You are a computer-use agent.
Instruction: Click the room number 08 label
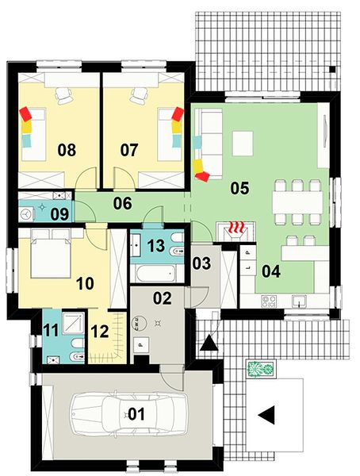(x=67, y=150)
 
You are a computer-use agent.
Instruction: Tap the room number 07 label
(x=129, y=150)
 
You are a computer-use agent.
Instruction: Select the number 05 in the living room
(x=239, y=188)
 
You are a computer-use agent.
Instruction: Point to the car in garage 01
(x=128, y=414)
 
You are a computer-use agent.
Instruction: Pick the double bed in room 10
(x=51, y=254)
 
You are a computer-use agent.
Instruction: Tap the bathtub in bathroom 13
(x=155, y=274)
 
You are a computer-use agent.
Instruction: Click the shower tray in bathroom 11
(x=73, y=324)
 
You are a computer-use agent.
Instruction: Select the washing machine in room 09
(x=25, y=214)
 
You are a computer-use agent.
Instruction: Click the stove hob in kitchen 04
(x=269, y=301)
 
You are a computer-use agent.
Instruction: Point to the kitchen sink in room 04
(x=299, y=301)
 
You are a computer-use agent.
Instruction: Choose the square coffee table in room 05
(x=243, y=144)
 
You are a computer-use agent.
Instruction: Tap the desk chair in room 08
(x=63, y=94)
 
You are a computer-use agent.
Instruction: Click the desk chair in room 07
(x=139, y=94)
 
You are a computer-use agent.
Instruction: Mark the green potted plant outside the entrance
(x=261, y=369)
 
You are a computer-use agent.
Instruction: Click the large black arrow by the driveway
(x=266, y=415)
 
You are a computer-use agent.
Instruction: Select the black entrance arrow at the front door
(x=209, y=343)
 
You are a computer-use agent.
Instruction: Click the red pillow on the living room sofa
(x=202, y=176)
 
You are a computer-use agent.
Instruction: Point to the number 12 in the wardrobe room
(x=100, y=331)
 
